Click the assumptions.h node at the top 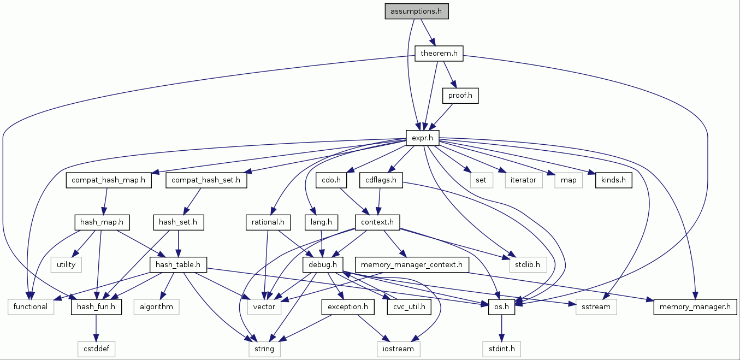(x=416, y=11)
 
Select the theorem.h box (x=438, y=54)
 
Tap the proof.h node (x=460, y=96)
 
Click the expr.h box (x=423, y=138)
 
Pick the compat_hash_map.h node (x=108, y=180)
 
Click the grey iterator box (x=523, y=180)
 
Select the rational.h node (x=268, y=222)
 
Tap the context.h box (x=377, y=222)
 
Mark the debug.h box (x=322, y=265)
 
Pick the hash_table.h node (x=178, y=265)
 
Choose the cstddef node (x=96, y=348)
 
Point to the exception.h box (x=348, y=307)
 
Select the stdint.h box (x=501, y=348)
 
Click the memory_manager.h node (x=695, y=307)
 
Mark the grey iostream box (x=397, y=348)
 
